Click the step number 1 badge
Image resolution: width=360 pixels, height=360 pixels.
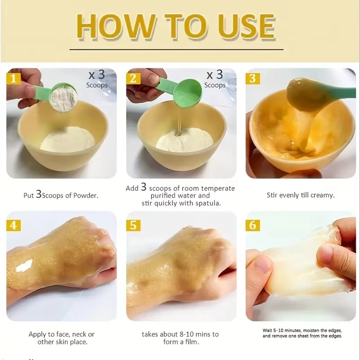click(13, 78)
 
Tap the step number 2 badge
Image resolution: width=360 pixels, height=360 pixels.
click(133, 78)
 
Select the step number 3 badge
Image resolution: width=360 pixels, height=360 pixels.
click(252, 78)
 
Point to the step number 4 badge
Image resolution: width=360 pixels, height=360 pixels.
click(13, 224)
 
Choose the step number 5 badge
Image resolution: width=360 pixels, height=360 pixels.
click(133, 224)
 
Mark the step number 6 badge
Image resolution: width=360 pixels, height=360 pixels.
click(252, 224)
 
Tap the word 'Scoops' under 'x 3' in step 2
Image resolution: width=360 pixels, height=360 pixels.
click(215, 85)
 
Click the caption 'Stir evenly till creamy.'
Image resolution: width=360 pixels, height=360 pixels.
click(300, 195)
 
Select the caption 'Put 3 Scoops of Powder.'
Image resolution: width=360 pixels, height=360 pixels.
click(61, 195)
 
